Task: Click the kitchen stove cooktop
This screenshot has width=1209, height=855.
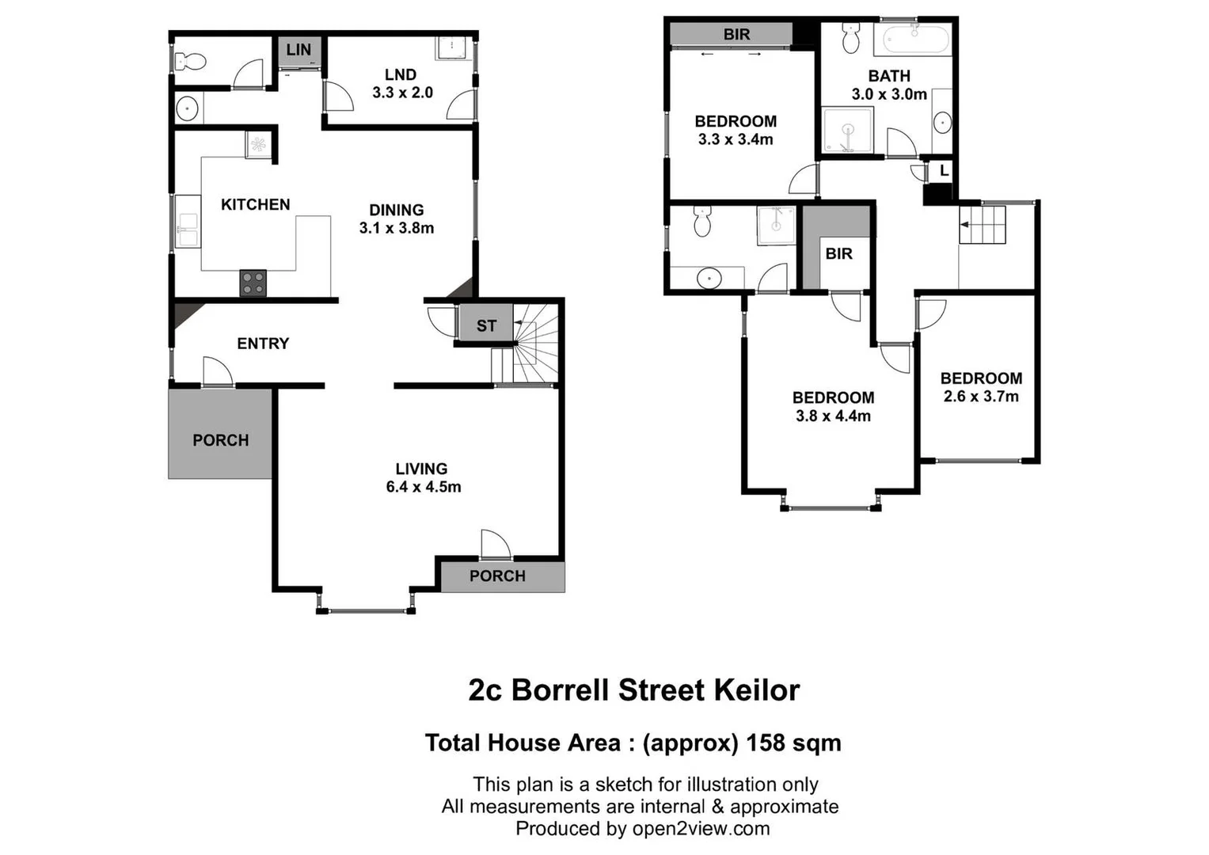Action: [x=253, y=283]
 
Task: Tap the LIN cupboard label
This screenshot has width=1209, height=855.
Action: [x=298, y=50]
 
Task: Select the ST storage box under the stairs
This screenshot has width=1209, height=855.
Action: [x=486, y=325]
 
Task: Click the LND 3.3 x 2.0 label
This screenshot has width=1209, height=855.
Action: [x=402, y=83]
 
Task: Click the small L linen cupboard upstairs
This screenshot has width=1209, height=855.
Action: [x=943, y=171]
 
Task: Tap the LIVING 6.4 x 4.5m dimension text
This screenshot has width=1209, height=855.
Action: [x=423, y=487]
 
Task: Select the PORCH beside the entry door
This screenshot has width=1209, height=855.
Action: [x=220, y=439]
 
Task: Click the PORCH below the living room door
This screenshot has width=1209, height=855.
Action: [x=497, y=576]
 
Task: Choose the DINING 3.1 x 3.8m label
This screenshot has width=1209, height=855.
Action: [x=396, y=218]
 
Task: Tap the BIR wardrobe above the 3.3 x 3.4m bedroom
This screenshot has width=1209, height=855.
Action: [x=736, y=34]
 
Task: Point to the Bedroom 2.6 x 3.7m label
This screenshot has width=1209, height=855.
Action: [x=981, y=387]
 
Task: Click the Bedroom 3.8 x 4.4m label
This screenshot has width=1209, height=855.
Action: [x=833, y=406]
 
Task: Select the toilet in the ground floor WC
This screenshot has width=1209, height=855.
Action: [x=189, y=60]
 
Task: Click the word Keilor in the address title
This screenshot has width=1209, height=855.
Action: [x=756, y=690]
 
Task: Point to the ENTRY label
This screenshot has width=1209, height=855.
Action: [x=263, y=344]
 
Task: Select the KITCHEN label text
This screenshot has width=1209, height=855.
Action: [x=255, y=204]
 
